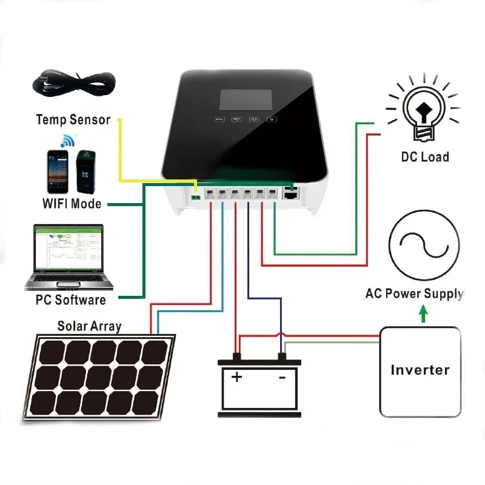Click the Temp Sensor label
point(73,119)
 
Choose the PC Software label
point(72,299)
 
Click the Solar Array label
point(89,326)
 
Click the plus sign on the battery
point(237,378)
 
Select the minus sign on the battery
point(281,378)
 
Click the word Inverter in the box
point(420,370)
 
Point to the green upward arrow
point(424,313)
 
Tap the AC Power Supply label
point(414,294)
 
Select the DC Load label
point(425,157)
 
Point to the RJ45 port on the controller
point(291,195)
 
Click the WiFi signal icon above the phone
point(65,141)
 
